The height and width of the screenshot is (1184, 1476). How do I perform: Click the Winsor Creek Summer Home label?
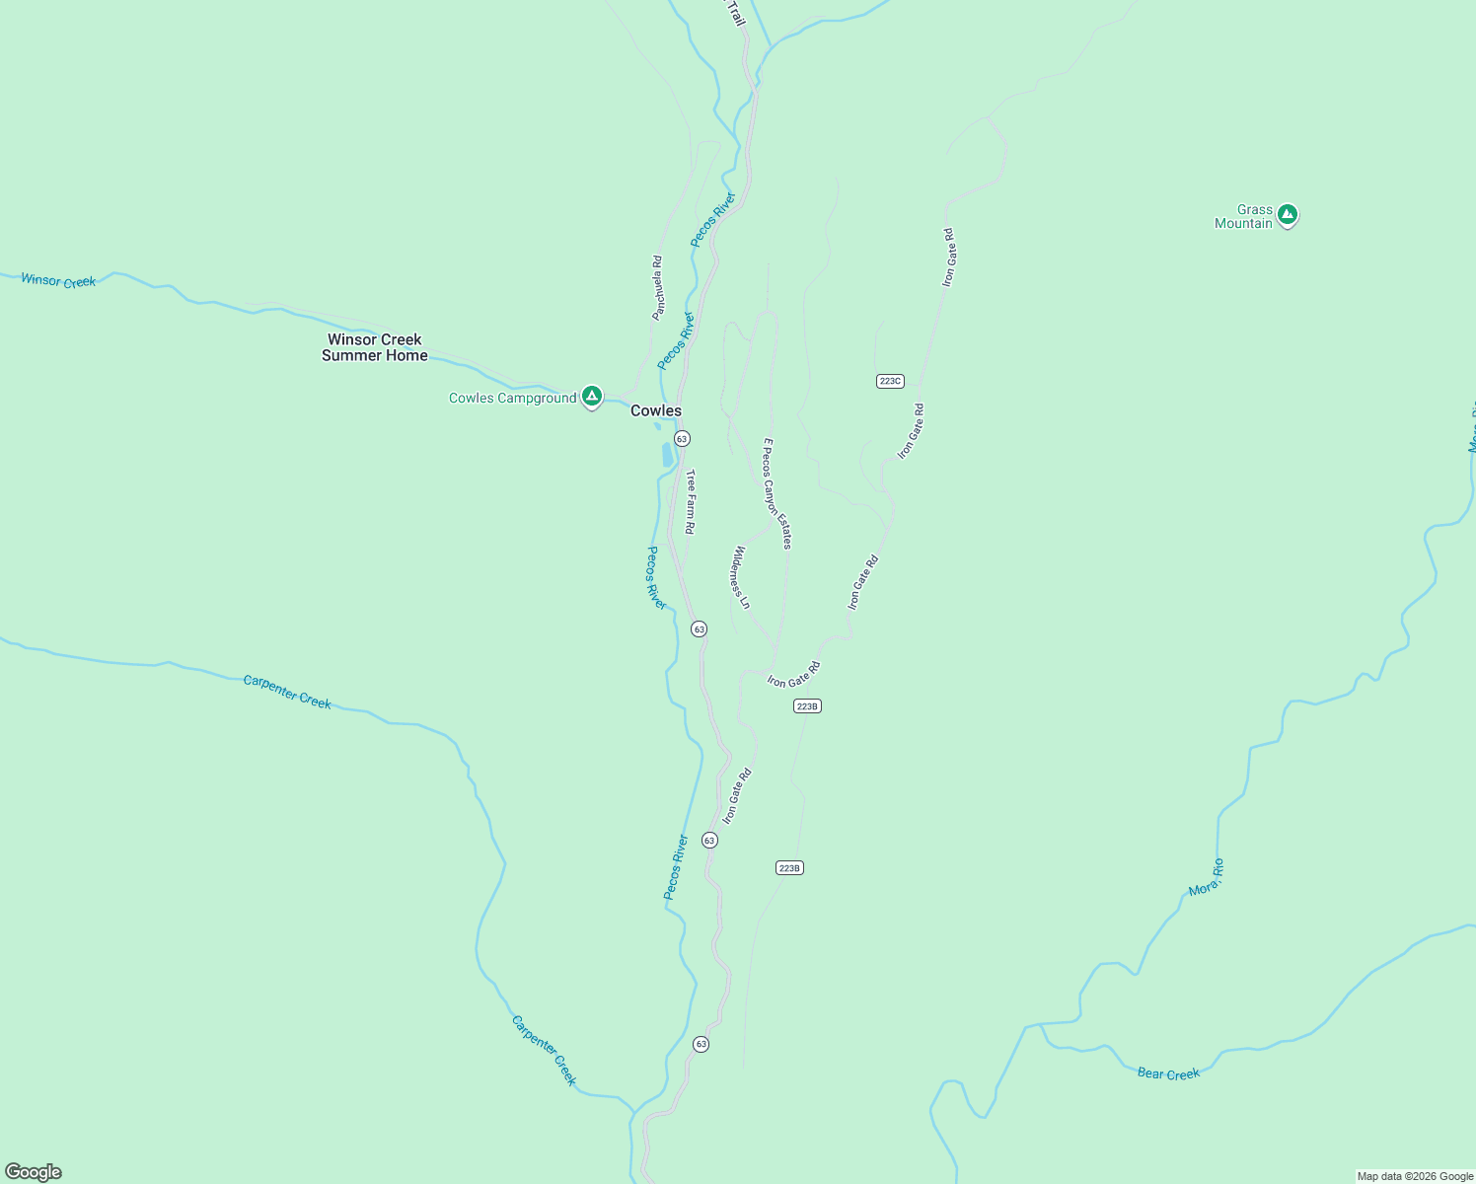pos(375,347)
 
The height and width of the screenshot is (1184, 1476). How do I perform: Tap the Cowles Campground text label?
pos(512,399)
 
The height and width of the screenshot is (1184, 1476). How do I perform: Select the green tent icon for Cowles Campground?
pos(591,397)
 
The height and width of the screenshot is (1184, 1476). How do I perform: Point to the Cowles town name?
pos(656,410)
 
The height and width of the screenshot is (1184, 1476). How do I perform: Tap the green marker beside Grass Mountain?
pos(1287,214)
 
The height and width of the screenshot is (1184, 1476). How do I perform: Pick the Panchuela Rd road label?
pos(657,288)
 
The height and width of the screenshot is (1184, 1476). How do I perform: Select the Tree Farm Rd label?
pos(691,501)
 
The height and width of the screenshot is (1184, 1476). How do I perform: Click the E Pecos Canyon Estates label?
pos(776,493)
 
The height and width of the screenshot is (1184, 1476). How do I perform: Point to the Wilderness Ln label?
pos(741,577)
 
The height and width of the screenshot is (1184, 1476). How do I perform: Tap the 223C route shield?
pos(890,381)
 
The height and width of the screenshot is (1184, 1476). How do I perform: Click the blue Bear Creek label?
pos(1168,1073)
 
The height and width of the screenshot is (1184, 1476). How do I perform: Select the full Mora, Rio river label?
pos(1207,877)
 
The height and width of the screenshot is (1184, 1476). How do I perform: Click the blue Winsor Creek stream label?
pos(58,281)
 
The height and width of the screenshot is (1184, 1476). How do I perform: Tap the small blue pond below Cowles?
pos(668,455)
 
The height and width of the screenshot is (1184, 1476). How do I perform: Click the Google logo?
pos(34,1172)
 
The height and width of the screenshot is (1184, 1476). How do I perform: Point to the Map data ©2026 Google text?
pos(1415,1176)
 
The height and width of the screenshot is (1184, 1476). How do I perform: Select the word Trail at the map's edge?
pos(735,13)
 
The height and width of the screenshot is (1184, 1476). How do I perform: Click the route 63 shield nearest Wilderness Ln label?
pos(699,629)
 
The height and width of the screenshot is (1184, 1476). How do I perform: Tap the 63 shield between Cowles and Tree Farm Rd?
pos(682,438)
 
